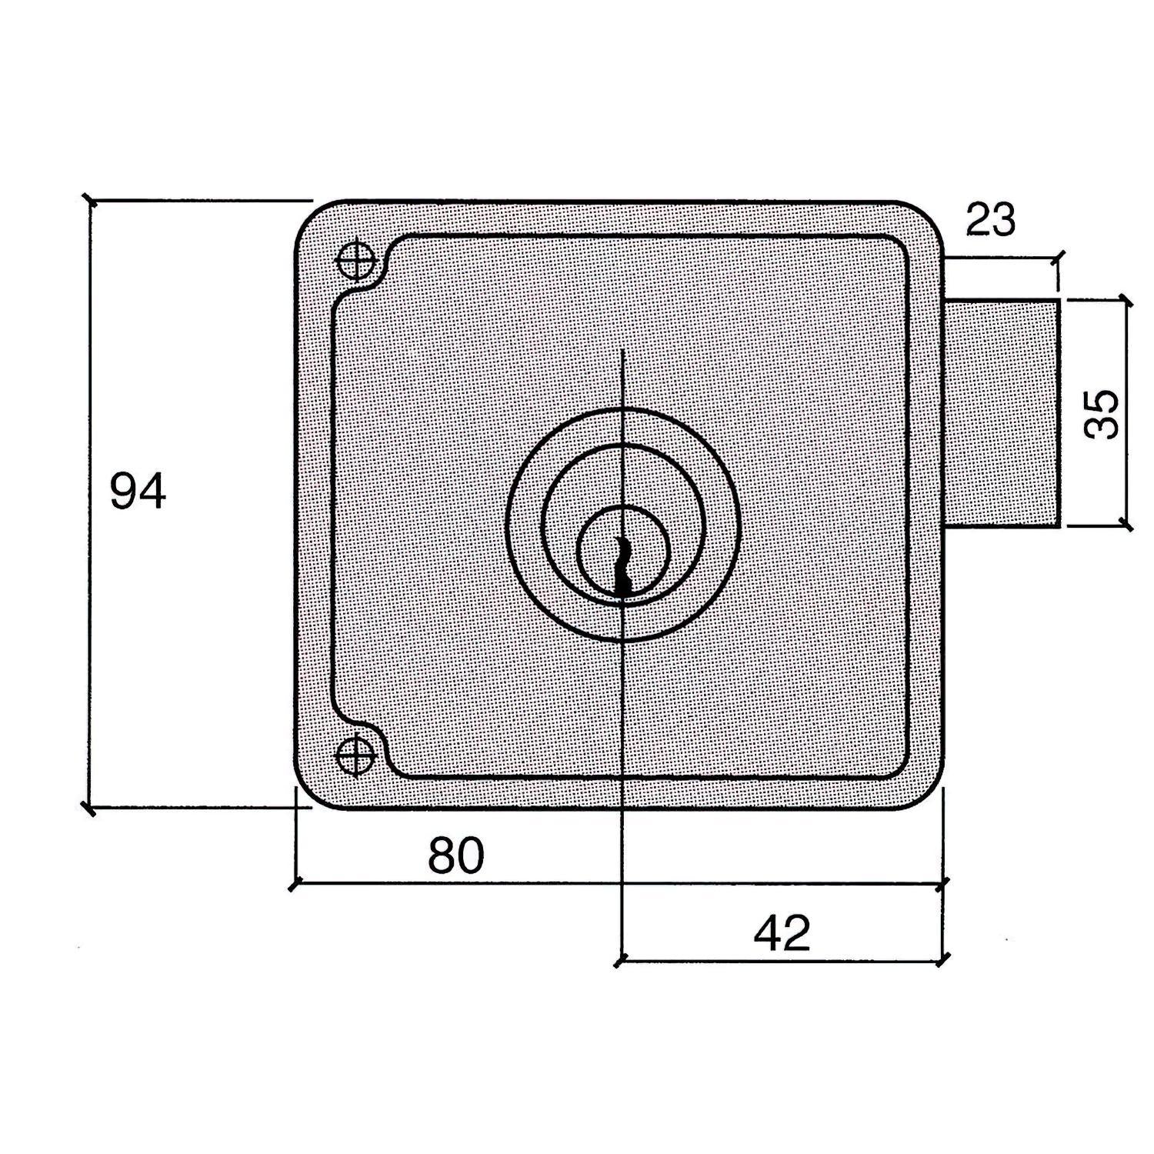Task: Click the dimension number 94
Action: tap(138, 492)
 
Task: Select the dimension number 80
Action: tap(456, 855)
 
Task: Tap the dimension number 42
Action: tap(782, 933)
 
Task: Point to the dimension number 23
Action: tap(990, 220)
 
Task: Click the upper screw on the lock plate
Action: tap(356, 260)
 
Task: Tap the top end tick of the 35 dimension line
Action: tap(1127, 299)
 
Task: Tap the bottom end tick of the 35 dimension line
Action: tap(1127, 527)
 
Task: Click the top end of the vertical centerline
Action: tap(622, 350)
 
